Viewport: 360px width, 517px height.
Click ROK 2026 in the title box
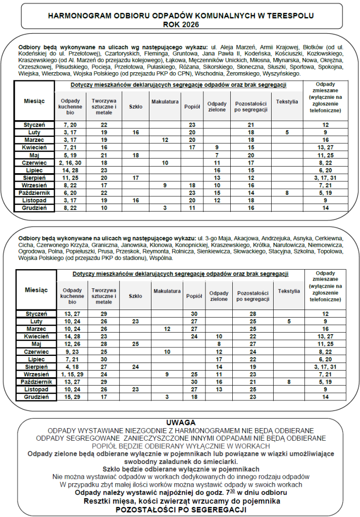tap(181, 24)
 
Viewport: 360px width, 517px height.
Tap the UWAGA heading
tap(180, 422)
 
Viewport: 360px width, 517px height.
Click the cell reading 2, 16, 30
tap(70, 163)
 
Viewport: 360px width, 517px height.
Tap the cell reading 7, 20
tap(70, 124)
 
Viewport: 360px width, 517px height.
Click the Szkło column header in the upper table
tap(136, 107)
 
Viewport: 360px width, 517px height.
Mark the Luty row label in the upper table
tap(35, 132)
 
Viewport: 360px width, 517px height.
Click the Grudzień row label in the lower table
tap(35, 397)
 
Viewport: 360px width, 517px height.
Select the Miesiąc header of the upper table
tap(34, 101)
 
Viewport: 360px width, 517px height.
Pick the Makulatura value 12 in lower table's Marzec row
tap(166, 329)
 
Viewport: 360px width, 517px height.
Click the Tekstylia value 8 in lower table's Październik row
tap(289, 382)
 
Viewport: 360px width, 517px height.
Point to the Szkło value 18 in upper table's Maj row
tap(135, 155)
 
